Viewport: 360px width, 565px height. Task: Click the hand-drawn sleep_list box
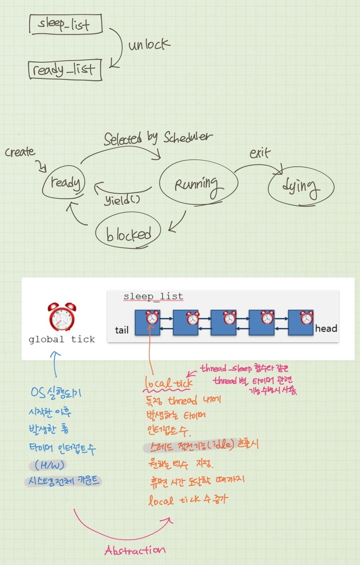[65, 24]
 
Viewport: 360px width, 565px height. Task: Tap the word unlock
[149, 45]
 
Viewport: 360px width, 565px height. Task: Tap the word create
[20, 152]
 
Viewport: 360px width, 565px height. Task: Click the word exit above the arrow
[260, 154]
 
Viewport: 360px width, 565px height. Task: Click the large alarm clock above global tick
[62, 317]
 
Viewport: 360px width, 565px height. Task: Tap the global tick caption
[62, 339]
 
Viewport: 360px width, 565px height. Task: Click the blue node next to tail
[147, 322]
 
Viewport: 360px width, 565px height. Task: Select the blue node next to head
[300, 322]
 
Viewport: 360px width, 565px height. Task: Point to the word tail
[122, 330]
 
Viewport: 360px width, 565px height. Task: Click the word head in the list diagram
[326, 329]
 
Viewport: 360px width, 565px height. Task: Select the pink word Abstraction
[135, 550]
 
